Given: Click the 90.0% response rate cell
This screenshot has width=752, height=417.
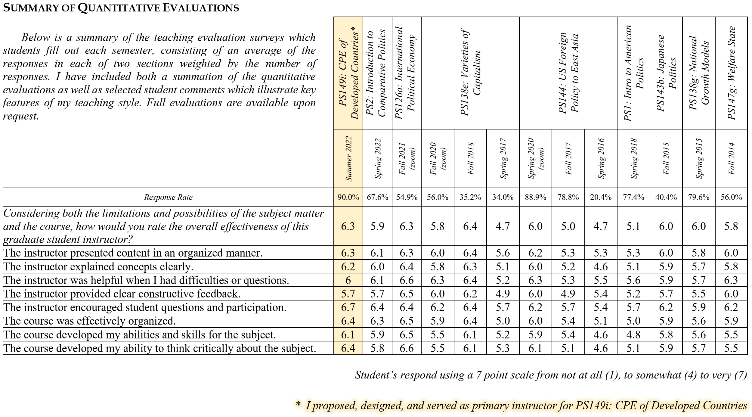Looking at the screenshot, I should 348,197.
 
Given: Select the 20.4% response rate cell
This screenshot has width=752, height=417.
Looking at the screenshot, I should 601,197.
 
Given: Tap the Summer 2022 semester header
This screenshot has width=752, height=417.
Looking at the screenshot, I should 348,159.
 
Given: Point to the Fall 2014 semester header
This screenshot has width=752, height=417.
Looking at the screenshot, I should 731,159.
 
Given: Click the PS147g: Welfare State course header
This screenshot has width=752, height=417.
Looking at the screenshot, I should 731,73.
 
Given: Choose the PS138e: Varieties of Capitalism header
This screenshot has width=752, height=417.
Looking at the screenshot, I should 470,73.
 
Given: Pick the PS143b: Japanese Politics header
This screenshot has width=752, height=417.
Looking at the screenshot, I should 666,73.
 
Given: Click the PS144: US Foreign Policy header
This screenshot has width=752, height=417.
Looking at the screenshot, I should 568,73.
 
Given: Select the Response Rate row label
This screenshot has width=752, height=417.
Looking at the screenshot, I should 168,197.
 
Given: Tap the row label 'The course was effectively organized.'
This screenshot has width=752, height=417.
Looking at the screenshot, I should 89,321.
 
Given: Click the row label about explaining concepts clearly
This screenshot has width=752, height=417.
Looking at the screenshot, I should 98,267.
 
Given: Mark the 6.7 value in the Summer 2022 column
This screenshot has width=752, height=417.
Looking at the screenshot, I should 348,307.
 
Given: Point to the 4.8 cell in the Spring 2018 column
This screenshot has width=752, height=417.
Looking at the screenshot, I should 633,335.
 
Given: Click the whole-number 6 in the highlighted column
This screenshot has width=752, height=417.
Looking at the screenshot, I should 348,280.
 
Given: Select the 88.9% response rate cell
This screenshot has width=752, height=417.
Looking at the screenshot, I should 535,197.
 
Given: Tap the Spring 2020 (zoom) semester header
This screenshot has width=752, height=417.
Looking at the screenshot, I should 535,159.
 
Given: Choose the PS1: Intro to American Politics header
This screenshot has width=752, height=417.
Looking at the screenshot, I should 633,73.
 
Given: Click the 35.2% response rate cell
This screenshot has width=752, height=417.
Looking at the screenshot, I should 470,197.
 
